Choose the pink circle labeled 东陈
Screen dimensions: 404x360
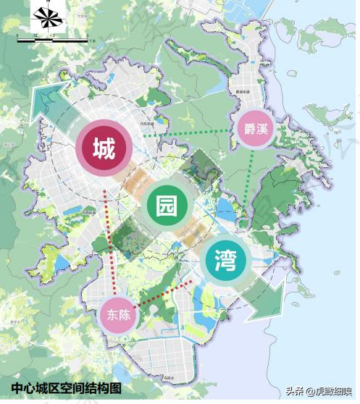tap(117, 314)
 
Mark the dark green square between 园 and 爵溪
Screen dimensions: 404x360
tap(198, 171)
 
